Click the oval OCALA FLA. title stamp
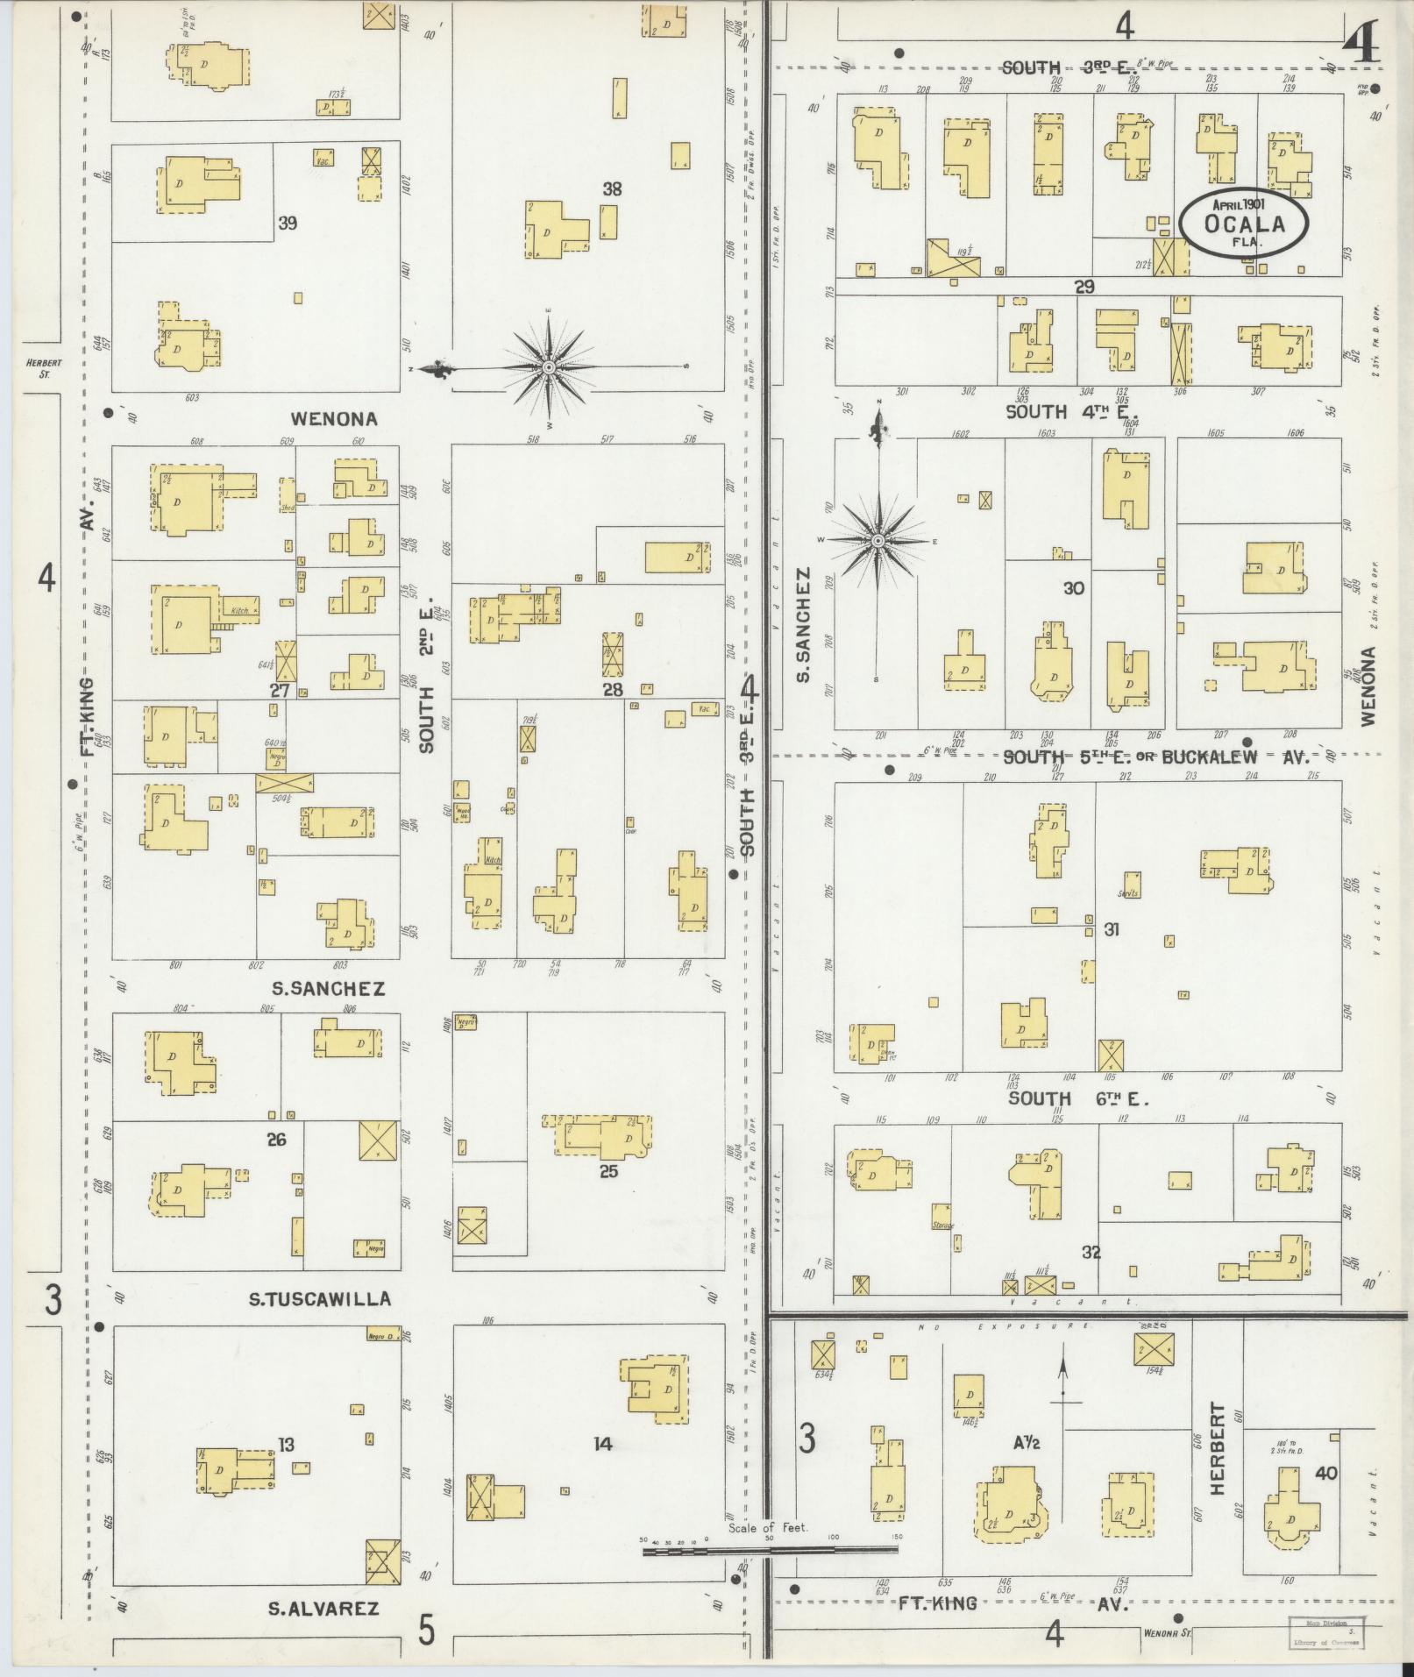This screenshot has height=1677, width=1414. (x=1243, y=223)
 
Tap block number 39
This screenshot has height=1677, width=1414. (x=287, y=223)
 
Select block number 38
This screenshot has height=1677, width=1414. (x=612, y=188)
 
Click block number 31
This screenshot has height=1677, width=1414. (x=1112, y=929)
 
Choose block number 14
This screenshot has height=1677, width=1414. (x=602, y=1443)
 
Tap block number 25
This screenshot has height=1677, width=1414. (x=608, y=1170)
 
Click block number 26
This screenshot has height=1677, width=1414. (x=277, y=1141)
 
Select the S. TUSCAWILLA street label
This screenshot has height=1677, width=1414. (x=319, y=1299)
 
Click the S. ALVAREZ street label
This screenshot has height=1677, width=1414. (x=323, y=1609)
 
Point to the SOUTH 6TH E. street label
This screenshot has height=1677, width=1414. (x=1077, y=1098)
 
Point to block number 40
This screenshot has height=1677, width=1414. (x=1325, y=1474)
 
